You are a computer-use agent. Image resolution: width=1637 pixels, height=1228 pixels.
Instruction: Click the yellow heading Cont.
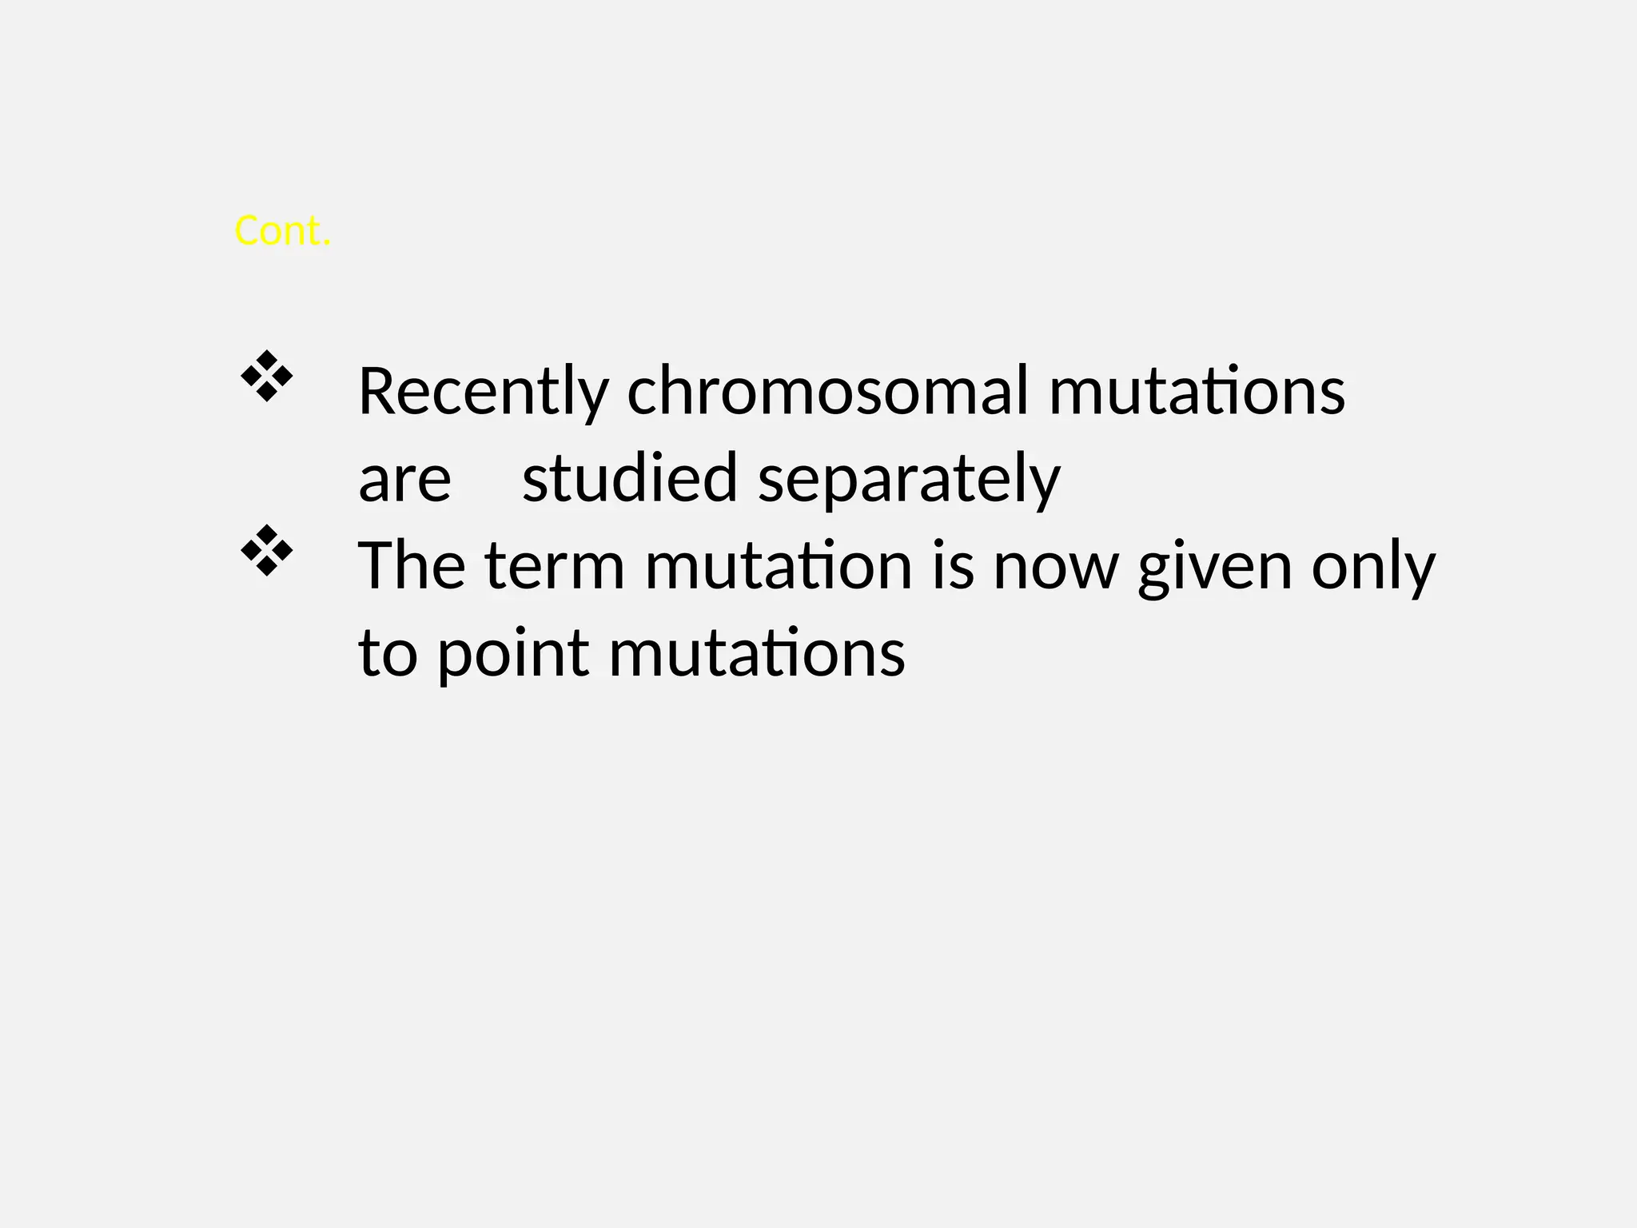pos(282,231)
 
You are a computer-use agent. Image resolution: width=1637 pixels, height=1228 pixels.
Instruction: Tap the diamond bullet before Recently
pos(267,376)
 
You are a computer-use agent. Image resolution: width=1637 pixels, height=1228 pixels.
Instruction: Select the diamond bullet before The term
pos(267,551)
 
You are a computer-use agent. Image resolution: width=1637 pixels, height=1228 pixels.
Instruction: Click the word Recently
pos(483,392)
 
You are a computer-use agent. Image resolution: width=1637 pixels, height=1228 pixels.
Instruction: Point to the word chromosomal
pos(827,392)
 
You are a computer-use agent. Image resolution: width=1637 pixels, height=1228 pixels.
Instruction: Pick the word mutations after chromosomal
pos(1197,392)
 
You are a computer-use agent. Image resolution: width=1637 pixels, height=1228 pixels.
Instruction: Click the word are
pos(404,479)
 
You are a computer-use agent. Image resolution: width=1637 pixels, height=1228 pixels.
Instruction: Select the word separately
pos(909,479)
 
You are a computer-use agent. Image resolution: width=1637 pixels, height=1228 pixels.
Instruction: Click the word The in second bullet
pos(412,566)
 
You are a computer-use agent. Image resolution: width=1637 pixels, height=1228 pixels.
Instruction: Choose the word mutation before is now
pos(778,566)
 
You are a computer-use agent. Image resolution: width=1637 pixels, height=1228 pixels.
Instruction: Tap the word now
pos(1054,566)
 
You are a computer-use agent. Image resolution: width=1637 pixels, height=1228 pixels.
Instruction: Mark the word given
pos(1214,566)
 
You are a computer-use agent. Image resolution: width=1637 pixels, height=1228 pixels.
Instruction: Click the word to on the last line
pos(388,653)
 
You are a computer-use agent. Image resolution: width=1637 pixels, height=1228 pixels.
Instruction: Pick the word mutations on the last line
pos(757,653)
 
